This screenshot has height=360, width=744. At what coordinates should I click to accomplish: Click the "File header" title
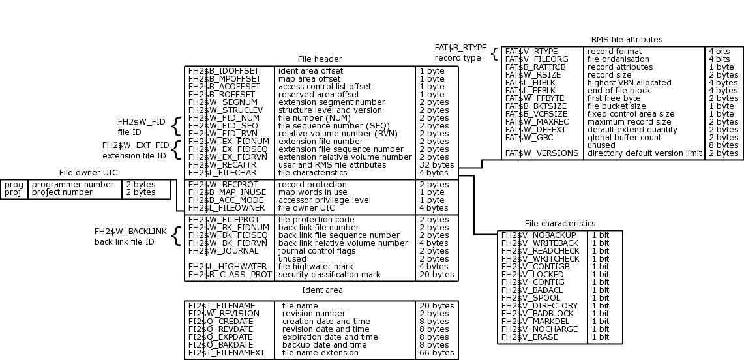[x=320, y=59]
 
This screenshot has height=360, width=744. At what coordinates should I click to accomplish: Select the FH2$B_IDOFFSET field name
[x=223, y=70]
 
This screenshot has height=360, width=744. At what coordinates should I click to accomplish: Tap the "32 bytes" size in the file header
[x=436, y=165]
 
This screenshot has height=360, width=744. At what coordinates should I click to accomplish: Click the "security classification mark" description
[x=329, y=275]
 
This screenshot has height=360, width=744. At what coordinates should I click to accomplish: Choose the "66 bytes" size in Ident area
[x=436, y=353]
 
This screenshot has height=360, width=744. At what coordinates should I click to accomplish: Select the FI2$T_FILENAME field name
[x=222, y=306]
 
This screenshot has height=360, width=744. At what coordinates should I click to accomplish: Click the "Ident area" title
[x=322, y=290]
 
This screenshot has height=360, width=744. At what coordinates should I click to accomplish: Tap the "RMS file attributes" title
[x=627, y=40]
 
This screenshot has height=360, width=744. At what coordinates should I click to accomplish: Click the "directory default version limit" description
[x=645, y=153]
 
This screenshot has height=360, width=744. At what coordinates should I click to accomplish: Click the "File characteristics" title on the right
[x=560, y=224]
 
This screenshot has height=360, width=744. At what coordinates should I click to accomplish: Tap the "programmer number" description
[x=73, y=185]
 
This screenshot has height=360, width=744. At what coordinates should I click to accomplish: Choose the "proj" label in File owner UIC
[x=14, y=192]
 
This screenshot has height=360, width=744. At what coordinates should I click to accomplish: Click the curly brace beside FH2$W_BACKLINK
[x=175, y=236]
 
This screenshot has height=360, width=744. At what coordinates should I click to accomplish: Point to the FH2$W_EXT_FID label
[x=135, y=145]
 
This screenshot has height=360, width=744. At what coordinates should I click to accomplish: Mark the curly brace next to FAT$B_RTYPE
[x=494, y=53]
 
